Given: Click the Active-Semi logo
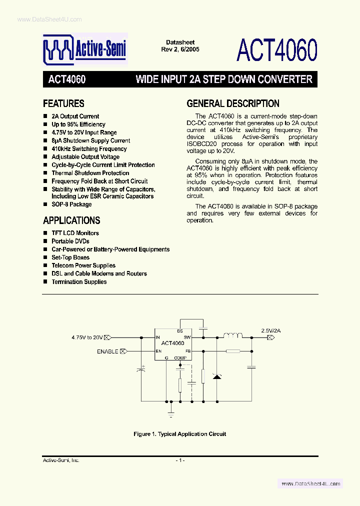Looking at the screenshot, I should [x=84, y=49].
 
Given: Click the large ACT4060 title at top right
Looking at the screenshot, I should [x=277, y=50].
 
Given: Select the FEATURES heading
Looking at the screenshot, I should [x=63, y=104].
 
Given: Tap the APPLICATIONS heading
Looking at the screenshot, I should [x=71, y=220].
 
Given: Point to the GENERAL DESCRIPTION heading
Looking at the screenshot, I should [x=233, y=104].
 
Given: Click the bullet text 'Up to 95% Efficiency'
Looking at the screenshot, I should [x=78, y=124].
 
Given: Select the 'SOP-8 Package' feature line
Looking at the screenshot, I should [x=71, y=204].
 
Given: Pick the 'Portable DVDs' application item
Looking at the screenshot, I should [x=70, y=241].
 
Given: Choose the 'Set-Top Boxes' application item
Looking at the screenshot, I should [x=70, y=257].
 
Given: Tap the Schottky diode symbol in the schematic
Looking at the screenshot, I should [x=216, y=375].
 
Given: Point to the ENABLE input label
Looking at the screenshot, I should [x=107, y=351].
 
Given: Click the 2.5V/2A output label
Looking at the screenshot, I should [x=270, y=330].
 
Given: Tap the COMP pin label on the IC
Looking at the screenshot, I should [x=180, y=358].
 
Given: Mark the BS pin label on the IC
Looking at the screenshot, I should [x=180, y=331].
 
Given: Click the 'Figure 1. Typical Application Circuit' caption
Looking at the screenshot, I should [x=179, y=434].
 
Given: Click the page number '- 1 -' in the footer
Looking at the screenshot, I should [x=180, y=460].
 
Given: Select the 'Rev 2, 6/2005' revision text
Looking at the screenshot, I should [x=180, y=49].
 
